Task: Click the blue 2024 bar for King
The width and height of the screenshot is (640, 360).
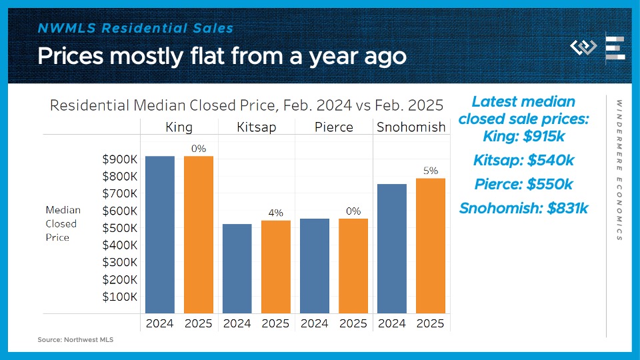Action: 160,235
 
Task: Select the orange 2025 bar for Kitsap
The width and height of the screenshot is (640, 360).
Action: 275,267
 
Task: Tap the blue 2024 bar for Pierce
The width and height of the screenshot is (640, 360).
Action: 314,266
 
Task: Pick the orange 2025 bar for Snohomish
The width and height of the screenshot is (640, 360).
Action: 430,246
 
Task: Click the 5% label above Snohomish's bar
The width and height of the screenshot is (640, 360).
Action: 430,171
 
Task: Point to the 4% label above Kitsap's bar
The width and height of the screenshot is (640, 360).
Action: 276,213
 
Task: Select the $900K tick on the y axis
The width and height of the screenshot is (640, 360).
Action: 120,159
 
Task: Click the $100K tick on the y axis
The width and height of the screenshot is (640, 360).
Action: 120,297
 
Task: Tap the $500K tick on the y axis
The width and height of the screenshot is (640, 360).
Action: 120,228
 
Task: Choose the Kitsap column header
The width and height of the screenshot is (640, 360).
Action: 257,127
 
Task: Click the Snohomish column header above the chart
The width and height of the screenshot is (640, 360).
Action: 411,127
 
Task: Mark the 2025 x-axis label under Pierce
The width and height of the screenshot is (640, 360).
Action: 353,324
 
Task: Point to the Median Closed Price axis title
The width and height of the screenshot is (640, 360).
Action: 62,223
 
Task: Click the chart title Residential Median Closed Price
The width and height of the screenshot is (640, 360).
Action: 247,105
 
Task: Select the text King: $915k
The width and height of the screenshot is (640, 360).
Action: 523,136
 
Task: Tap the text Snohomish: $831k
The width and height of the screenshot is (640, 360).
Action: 523,208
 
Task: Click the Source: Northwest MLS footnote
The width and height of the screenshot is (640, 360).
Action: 75,340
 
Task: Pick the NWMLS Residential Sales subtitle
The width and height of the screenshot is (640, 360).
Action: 135,28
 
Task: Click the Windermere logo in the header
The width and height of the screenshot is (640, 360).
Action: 583,48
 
